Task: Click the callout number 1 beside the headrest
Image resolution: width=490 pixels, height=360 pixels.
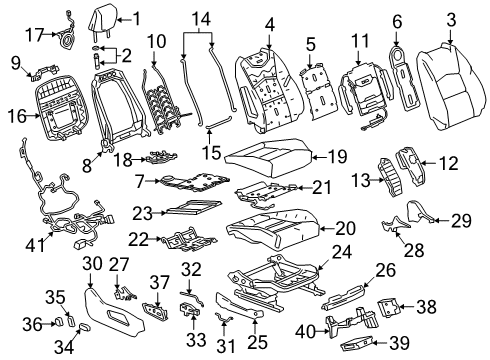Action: point(137,16)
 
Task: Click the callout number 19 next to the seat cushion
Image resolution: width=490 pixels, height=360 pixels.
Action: point(338,156)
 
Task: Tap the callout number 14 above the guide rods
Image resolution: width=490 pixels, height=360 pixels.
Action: point(201,18)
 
